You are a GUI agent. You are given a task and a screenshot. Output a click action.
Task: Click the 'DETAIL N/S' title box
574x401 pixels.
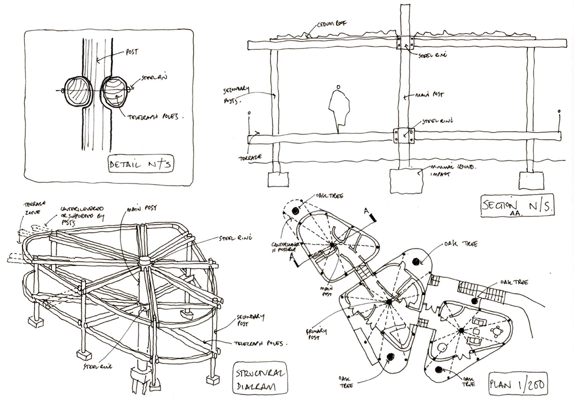[141, 164]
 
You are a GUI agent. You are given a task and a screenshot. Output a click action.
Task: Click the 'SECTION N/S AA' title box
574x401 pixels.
[517, 206]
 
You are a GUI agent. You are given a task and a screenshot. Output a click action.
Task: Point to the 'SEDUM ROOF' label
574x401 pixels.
[331, 24]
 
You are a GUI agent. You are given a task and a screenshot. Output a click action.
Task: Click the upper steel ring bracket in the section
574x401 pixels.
[405, 43]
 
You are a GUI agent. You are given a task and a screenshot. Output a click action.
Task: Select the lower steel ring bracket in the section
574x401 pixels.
[404, 136]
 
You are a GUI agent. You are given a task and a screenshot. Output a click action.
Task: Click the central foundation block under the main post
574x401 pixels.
[406, 181]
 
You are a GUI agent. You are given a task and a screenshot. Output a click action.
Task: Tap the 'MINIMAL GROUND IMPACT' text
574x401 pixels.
[451, 170]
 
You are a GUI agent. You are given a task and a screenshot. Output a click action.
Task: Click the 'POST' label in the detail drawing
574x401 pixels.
[132, 52]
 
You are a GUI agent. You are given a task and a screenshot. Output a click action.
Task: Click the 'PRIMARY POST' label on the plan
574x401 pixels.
[316, 334]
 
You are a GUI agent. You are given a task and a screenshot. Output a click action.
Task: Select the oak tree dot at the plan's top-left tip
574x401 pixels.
[295, 211]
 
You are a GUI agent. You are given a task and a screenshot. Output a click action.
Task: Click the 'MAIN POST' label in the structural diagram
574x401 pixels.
[142, 209]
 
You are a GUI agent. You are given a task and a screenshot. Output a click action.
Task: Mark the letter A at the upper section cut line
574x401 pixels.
[366, 211]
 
